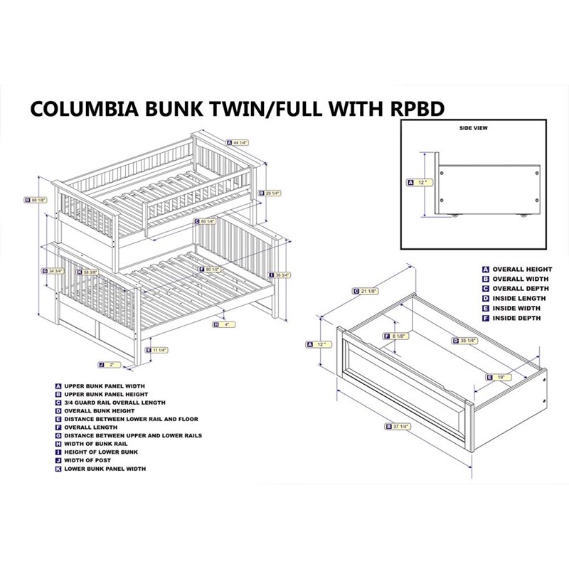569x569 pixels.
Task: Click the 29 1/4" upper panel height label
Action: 270,193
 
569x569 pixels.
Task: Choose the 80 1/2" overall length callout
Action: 211,270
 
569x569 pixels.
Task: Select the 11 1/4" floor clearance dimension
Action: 159,349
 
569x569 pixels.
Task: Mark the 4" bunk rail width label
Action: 225,325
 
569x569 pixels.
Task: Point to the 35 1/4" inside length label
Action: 464,341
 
